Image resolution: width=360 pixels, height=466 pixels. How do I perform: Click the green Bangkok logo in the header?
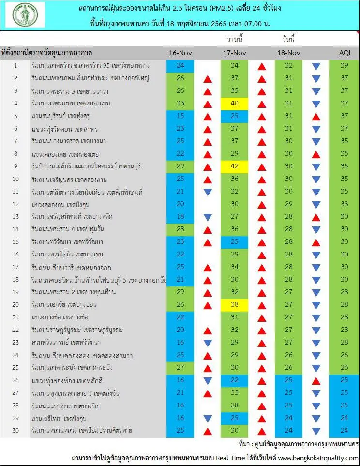coord(25,15)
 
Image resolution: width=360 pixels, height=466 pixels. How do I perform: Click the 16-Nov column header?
coord(180,53)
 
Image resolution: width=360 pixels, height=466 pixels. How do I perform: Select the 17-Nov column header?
coord(235,53)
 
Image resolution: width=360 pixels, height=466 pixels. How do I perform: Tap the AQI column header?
coord(345,53)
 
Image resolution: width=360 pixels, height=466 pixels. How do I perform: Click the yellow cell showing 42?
coord(234,166)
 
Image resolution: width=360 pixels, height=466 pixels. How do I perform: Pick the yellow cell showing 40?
coord(234,104)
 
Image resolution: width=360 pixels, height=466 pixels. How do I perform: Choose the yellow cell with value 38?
coord(234,305)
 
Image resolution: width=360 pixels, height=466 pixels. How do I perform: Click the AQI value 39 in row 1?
coord(344,66)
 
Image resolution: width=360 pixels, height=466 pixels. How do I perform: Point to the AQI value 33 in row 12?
coord(344,204)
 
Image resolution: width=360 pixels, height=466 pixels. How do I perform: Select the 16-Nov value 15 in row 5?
coord(180,116)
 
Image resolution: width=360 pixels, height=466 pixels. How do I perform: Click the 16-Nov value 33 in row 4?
coord(180,104)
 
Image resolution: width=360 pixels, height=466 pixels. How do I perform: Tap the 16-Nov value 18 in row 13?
coord(180,217)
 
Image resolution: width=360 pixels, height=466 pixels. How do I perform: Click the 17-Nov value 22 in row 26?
coord(235,380)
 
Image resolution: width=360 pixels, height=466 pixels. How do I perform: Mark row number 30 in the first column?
coord(15,431)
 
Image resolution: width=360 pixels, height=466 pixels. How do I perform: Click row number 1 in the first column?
coord(16,66)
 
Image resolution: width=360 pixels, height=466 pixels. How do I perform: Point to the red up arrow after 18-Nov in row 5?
coord(316,117)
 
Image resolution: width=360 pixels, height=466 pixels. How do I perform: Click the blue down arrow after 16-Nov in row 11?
coord(208,192)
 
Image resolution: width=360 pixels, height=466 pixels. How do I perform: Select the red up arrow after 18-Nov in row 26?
coord(316,381)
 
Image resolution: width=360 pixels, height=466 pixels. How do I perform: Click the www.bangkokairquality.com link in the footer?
coord(318,458)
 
